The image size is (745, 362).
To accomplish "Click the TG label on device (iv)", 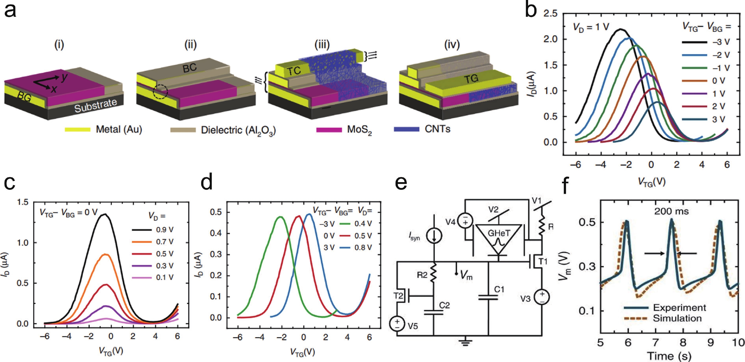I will click(471, 79).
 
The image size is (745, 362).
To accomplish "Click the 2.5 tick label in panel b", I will click(550, 13).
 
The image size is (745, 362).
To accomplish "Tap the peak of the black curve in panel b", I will click(620, 29).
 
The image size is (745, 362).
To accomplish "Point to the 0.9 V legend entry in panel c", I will click(165, 230).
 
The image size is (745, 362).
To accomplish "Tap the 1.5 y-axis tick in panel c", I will click(23, 202).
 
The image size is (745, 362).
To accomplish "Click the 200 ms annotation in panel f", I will click(671, 211).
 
